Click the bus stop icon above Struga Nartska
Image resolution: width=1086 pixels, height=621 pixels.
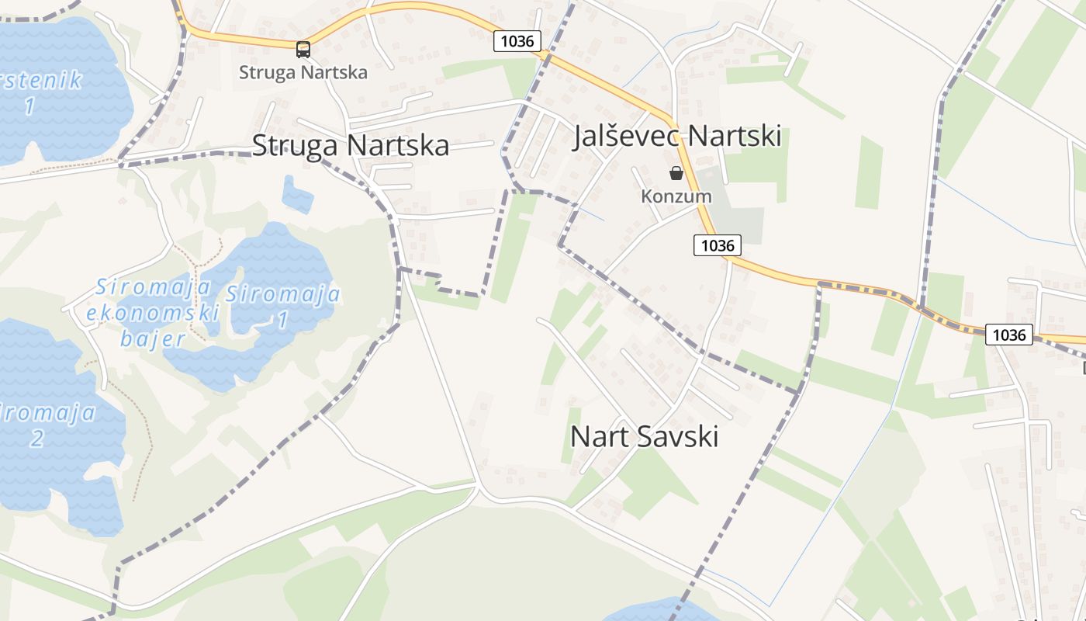click(303, 50)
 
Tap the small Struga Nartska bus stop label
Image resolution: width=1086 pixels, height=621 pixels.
click(303, 72)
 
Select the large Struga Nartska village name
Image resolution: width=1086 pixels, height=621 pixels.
click(351, 145)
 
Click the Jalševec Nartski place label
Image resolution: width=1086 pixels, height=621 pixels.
click(676, 136)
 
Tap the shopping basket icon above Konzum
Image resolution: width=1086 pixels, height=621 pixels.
click(676, 172)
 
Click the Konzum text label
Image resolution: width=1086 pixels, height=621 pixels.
click(676, 196)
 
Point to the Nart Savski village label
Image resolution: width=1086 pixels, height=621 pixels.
click(644, 436)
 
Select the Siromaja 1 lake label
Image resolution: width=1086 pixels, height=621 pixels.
click(283, 306)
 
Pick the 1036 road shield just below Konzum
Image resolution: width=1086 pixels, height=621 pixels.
click(717, 245)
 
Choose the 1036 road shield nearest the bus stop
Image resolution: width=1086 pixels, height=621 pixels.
click(517, 41)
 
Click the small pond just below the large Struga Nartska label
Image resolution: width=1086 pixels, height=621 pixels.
click(297, 196)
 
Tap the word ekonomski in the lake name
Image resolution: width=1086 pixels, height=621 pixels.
click(153, 313)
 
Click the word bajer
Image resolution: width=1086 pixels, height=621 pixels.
click(153, 338)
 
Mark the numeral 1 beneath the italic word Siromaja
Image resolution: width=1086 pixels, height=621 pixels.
click(283, 319)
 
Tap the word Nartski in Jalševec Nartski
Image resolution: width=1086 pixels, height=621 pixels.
click(734, 136)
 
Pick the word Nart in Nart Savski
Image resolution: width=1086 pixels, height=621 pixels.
click(597, 436)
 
